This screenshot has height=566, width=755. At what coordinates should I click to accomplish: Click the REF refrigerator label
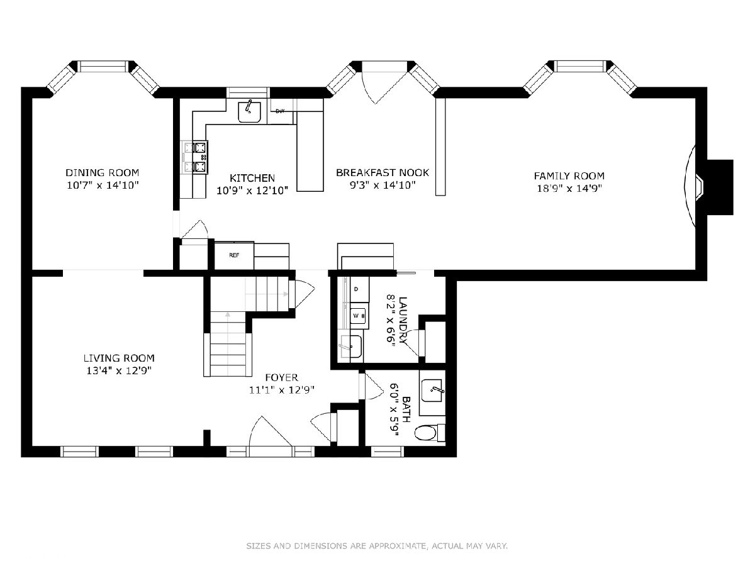click(x=234, y=255)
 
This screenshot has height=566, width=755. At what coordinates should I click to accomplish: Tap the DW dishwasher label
click(x=280, y=111)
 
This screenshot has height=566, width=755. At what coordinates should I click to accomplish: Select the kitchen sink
click(x=250, y=112)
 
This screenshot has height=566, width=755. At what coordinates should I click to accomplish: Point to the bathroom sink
click(x=432, y=391)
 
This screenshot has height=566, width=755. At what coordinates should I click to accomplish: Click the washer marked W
click(x=358, y=316)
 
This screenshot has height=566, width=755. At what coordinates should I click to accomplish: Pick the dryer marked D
click(x=359, y=289)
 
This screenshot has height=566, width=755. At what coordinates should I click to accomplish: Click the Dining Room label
click(x=102, y=172)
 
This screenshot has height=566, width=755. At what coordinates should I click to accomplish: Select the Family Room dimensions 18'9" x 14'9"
click(x=569, y=188)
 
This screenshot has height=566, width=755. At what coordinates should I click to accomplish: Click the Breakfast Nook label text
click(x=383, y=172)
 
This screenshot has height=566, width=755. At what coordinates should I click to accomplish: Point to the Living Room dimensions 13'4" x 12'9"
click(x=119, y=371)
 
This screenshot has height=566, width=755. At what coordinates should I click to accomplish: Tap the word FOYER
click(x=282, y=378)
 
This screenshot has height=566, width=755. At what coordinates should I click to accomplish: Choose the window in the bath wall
click(x=388, y=451)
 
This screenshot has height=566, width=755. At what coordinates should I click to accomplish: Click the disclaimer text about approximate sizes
click(x=377, y=546)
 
